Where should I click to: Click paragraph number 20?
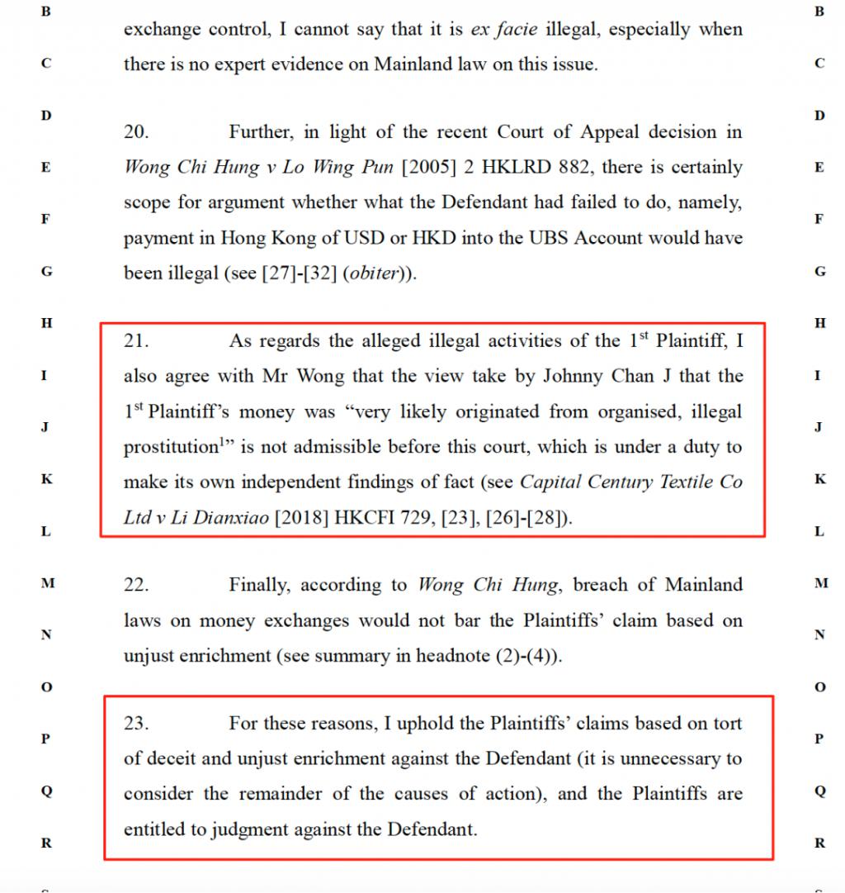pyautogui.click(x=136, y=132)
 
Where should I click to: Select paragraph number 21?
pyautogui.click(x=136, y=341)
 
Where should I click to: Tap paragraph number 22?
pyautogui.click(x=136, y=586)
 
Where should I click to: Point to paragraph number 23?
pyautogui.click(x=136, y=724)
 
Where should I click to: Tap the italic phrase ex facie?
pyautogui.click(x=503, y=30)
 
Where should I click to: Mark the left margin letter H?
pyautogui.click(x=47, y=324)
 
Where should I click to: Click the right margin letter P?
pyautogui.click(x=819, y=739)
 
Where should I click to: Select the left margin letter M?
pyautogui.click(x=48, y=583)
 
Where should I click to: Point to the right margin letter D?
pyautogui.click(x=819, y=116)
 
